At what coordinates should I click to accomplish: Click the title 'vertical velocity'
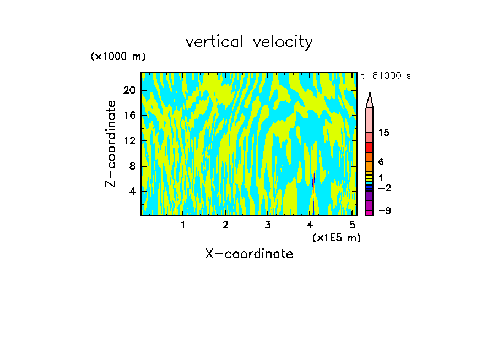pos(249,42)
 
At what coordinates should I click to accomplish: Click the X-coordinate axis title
pos(249,254)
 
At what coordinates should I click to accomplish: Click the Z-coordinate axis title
pos(111,144)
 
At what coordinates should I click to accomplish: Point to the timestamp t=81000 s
pos(386,76)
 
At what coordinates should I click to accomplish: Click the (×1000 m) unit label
pos(118,57)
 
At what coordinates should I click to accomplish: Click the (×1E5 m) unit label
pos(336,237)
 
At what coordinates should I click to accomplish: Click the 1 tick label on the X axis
pos(183,225)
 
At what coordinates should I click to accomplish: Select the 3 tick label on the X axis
pos(268,225)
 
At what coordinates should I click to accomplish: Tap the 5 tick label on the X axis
pos(352,225)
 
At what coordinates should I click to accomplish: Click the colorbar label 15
pos(384,133)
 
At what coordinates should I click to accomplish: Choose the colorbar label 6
pos(381,162)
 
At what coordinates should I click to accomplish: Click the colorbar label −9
pos(384,211)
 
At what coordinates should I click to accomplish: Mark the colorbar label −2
pos(384,188)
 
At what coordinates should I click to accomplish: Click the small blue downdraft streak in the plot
pos(313,180)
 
